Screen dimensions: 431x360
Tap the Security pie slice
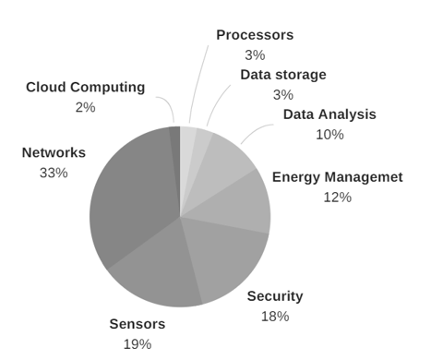(x=226, y=263)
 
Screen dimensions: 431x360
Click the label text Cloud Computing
(x=85, y=88)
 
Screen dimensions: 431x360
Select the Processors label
(x=255, y=35)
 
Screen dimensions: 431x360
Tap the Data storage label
(x=283, y=74)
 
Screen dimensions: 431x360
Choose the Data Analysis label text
(x=329, y=114)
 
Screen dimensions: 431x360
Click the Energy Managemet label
(x=337, y=177)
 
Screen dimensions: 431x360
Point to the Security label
(x=274, y=296)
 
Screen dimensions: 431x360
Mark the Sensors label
(x=138, y=324)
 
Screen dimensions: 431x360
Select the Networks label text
(x=54, y=152)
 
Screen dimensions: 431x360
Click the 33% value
(x=54, y=173)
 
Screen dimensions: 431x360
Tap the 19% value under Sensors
(x=138, y=343)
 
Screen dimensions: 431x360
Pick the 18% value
(x=274, y=317)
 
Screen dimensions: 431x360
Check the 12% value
(x=337, y=197)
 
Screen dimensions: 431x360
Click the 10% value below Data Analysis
(x=329, y=135)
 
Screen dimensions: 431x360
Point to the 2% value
(x=85, y=107)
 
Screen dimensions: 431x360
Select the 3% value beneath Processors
(x=255, y=54)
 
